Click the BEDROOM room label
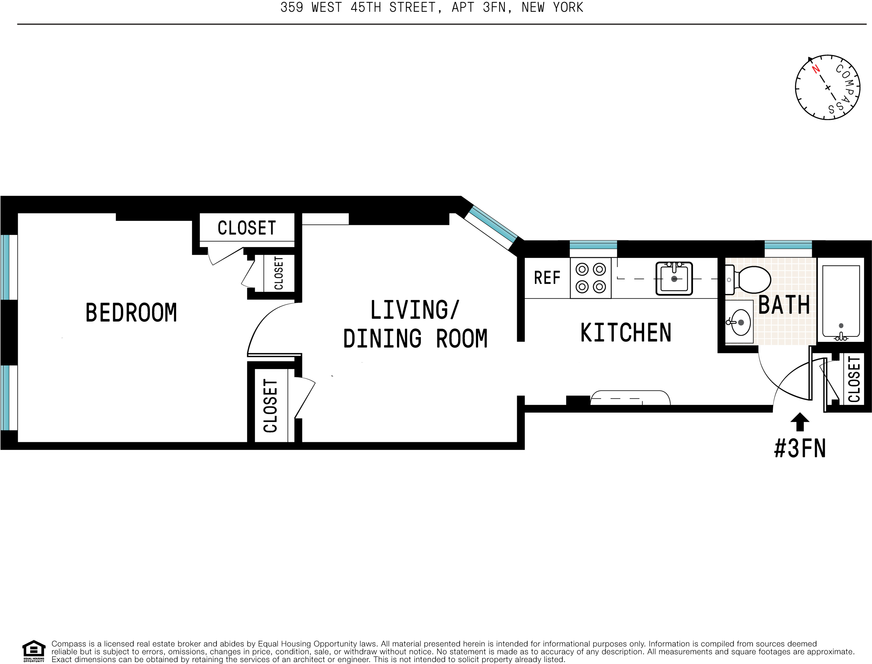[x=131, y=313]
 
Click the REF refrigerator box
[x=547, y=278]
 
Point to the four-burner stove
[x=591, y=278]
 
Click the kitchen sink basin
[x=674, y=278]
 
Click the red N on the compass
[x=816, y=70]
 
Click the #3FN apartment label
[x=800, y=448]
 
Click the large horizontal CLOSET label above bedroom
[x=247, y=228]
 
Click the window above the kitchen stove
[x=593, y=245]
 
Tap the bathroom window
[x=788, y=245]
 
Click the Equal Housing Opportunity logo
[x=34, y=651]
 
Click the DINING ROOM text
[x=415, y=339]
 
